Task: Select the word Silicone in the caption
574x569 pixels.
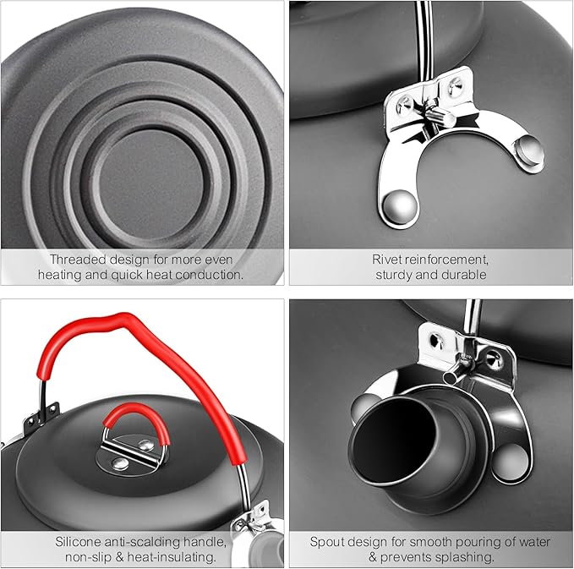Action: click(81, 542)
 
